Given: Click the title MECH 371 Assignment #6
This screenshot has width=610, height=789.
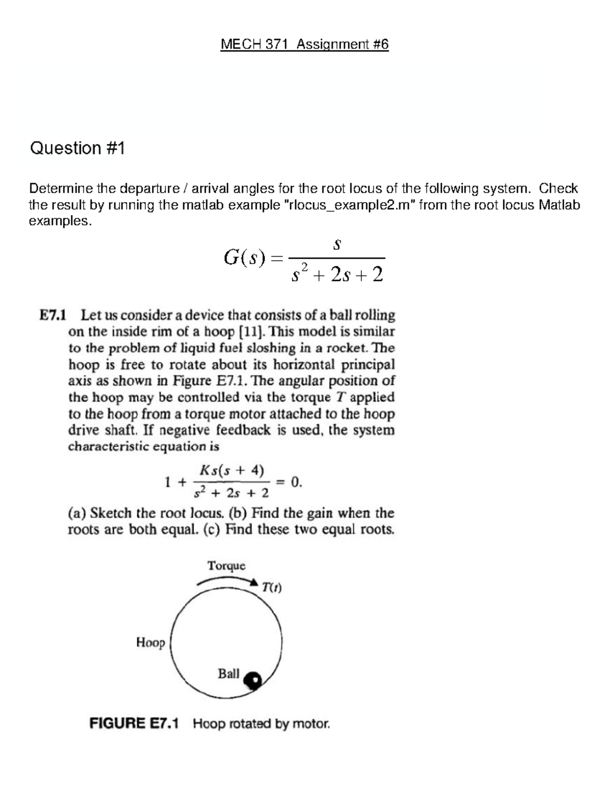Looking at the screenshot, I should (304, 45).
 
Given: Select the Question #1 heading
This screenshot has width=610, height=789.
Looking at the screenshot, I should (77, 148).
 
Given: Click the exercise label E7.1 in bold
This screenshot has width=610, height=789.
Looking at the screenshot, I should (53, 315).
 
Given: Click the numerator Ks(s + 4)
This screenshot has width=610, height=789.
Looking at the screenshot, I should (232, 470).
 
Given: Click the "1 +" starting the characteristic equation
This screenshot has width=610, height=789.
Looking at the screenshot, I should (175, 482).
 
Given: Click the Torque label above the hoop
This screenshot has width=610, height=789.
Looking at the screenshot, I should (226, 566).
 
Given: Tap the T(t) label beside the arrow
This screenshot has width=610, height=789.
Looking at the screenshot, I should (272, 588).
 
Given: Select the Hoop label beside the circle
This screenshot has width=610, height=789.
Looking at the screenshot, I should (150, 643).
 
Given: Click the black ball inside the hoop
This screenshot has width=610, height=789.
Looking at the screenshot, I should (252, 680).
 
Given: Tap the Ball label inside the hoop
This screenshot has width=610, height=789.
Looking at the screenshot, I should (228, 674).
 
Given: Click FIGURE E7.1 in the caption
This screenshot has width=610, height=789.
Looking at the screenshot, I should (134, 723).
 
